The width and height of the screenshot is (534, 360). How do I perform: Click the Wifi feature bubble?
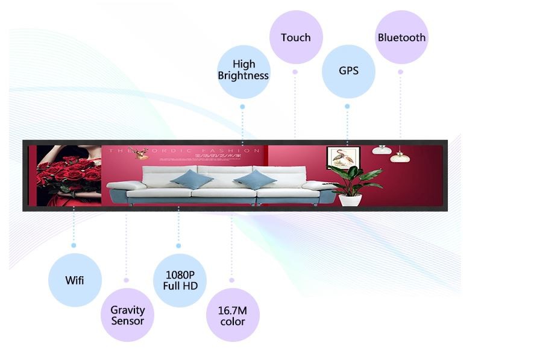(75, 280)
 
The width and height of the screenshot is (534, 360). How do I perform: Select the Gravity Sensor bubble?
(127, 315)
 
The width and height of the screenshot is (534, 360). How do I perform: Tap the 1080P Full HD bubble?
(180, 280)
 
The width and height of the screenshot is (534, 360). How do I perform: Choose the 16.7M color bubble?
(232, 315)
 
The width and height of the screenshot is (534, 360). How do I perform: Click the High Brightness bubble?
(243, 71)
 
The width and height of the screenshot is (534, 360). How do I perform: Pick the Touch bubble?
(295, 37)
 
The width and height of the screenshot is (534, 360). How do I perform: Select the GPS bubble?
(348, 71)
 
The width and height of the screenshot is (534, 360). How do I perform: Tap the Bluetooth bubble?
(401, 37)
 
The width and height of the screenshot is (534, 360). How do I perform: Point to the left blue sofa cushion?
(191, 178)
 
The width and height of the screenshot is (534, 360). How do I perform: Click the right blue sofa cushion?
(255, 178)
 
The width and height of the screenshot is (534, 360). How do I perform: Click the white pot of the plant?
(350, 199)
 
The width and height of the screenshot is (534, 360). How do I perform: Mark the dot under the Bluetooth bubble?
(400, 72)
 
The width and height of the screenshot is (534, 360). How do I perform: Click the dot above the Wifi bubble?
(74, 245)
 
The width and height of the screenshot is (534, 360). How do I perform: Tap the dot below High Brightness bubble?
(242, 107)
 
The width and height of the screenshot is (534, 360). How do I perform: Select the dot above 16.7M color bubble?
(231, 280)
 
